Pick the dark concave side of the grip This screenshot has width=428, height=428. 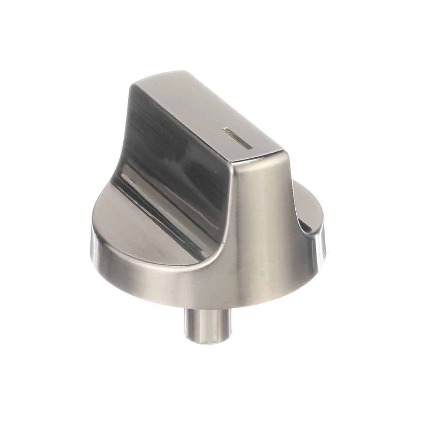click(x=171, y=150)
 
